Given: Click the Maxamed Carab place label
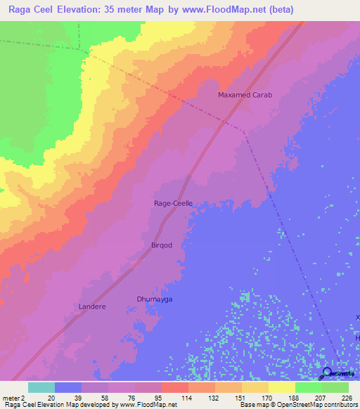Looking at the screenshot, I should [245, 95].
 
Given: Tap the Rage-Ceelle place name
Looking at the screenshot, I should [173, 203].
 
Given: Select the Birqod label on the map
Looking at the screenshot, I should [162, 245].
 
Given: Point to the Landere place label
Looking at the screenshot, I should [91, 306].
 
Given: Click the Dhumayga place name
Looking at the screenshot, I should [154, 299].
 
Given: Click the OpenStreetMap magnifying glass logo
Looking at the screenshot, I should [328, 374].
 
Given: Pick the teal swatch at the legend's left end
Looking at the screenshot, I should [41, 387].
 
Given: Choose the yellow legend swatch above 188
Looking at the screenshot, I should [281, 387].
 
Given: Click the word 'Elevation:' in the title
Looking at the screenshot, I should [88, 9].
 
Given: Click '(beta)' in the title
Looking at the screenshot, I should [280, 9].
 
